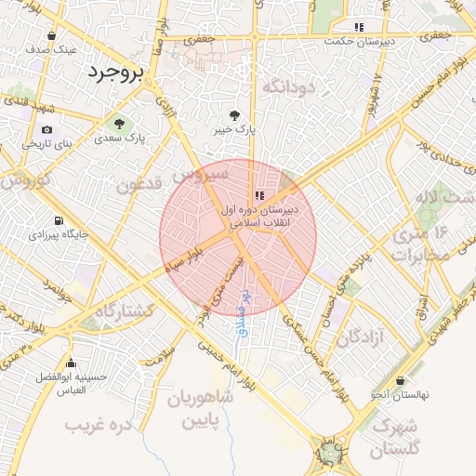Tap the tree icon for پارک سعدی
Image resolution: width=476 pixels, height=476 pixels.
click(x=118, y=123)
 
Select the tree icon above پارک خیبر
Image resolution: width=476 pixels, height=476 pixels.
click(x=232, y=116)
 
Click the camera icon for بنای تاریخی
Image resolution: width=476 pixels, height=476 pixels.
click(x=46, y=130)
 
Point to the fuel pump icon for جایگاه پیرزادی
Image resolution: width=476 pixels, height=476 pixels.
click(x=59, y=221)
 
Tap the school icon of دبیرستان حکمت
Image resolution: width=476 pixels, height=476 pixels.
click(x=359, y=27)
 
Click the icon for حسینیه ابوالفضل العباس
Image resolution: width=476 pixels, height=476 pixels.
click(x=71, y=363)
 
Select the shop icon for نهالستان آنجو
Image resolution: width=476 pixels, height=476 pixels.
click(x=400, y=380)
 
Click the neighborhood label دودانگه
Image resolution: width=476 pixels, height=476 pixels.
click(x=291, y=87)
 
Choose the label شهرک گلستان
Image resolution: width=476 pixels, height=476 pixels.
click(x=395, y=437)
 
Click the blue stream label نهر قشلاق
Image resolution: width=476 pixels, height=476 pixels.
click(x=242, y=313)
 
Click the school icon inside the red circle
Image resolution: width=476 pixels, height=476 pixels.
click(x=259, y=195)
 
